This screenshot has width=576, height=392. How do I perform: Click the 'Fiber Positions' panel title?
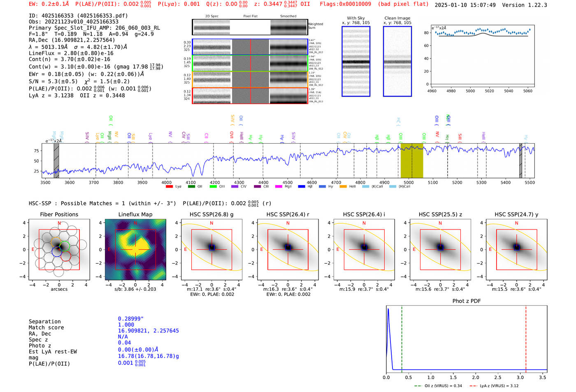click(x=59, y=214)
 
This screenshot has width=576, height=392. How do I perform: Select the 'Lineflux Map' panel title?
click(x=135, y=214)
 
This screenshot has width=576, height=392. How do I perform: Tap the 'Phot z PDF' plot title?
click(x=467, y=301)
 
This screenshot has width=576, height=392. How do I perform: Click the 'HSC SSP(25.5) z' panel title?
click(x=440, y=214)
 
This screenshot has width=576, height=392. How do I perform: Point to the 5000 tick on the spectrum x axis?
click(x=409, y=183)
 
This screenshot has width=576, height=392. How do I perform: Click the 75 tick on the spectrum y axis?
click(x=37, y=151)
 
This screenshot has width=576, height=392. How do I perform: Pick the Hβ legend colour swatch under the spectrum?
click(x=302, y=187)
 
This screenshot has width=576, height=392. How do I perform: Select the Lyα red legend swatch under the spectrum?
click(x=169, y=187)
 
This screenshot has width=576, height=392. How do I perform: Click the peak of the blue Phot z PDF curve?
click(x=388, y=309)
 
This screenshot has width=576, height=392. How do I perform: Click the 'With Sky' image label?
click(x=356, y=18)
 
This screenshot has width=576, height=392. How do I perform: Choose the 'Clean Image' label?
click(x=397, y=18)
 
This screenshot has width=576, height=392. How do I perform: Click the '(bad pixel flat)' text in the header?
click(x=403, y=4)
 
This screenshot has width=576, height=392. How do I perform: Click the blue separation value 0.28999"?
click(x=131, y=319)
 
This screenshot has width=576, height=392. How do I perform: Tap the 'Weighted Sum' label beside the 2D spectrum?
click(x=315, y=26)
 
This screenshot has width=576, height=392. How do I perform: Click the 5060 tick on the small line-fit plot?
click(x=528, y=91)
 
